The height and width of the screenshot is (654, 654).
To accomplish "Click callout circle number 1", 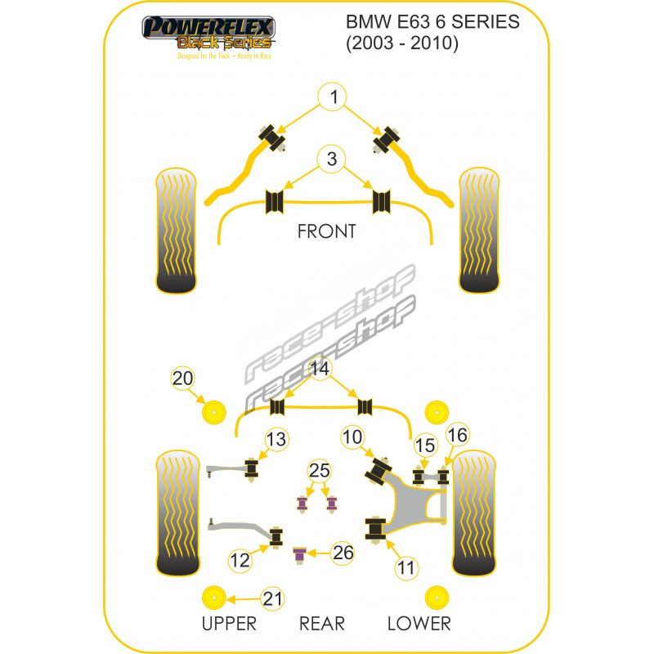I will [334, 99].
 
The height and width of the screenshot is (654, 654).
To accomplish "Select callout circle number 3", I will [331, 159].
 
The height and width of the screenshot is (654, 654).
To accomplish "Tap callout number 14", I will [320, 370].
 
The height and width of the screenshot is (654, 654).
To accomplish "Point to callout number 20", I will [183, 378].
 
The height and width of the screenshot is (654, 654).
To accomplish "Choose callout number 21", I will [273, 599].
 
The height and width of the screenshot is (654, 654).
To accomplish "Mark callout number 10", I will [353, 438].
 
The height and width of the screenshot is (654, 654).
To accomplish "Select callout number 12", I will [240, 561].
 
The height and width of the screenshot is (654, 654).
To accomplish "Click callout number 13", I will [276, 440].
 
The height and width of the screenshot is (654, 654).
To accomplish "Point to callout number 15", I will [425, 446].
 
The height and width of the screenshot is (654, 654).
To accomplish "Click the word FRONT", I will [326, 231].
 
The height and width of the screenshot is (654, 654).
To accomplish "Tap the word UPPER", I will [229, 624].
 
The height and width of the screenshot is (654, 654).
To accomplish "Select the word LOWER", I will [419, 624].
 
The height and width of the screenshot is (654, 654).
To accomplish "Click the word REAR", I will [321, 624].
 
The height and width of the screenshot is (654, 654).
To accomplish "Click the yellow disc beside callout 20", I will [215, 413].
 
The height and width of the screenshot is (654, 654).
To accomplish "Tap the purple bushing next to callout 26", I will [300, 555].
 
